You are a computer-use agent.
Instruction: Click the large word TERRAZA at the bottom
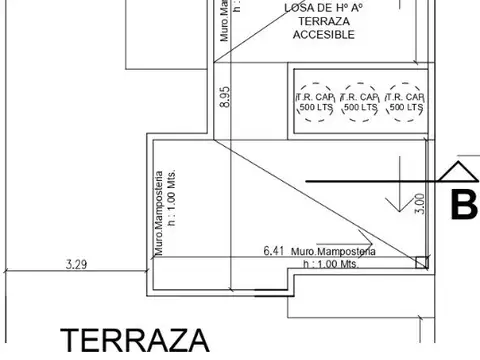[x=135, y=341]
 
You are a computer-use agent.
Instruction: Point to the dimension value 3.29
[x=74, y=265]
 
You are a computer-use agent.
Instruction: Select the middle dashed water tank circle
[x=360, y=102]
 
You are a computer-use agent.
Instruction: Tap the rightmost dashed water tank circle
[x=405, y=102]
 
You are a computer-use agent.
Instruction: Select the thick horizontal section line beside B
[x=370, y=180]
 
